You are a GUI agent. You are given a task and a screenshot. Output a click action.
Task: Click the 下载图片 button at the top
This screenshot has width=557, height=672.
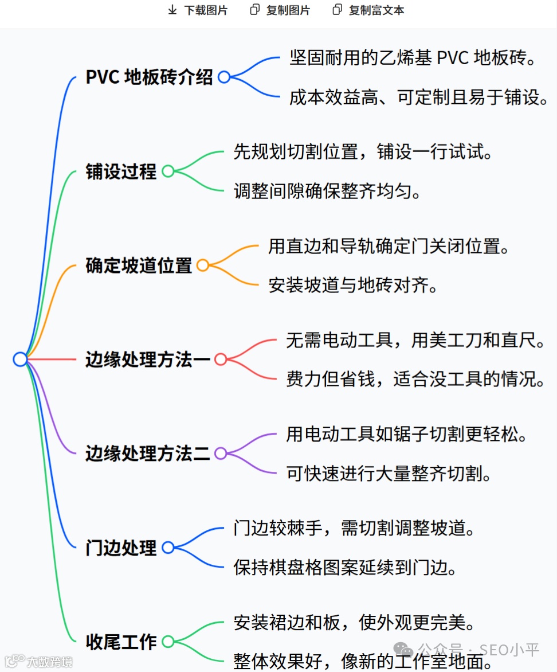pos(197,10)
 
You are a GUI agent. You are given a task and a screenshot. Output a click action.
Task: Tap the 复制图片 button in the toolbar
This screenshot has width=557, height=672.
pos(280,10)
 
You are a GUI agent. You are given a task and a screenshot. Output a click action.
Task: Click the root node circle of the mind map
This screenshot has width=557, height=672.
pos(20,360)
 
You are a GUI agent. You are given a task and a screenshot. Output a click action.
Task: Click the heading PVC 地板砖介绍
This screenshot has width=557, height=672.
pos(149,77)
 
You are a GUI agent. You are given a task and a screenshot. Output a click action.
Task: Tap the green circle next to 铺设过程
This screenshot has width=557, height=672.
pos(168,171)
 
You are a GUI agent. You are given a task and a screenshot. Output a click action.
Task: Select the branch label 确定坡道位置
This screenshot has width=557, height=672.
pos(139,265)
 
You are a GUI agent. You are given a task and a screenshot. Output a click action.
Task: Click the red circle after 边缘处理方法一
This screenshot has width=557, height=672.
pos(221,360)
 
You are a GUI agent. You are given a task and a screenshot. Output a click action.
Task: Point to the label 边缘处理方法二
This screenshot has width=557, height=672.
pos(147,454)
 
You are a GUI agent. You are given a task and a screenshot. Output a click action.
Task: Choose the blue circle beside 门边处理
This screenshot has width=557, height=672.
pos(168,548)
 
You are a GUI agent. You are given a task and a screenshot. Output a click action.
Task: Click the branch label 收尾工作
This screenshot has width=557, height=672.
pos(121,642)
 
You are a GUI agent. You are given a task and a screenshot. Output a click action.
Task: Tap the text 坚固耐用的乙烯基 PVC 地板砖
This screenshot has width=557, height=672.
pos(413,58)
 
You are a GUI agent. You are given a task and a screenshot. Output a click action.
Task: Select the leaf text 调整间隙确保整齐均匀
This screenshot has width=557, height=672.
pos(327,190)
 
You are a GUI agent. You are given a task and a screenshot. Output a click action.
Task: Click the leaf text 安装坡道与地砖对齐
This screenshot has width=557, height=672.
pos(353,284)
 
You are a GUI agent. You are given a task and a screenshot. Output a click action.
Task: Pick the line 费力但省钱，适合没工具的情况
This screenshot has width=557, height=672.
pos(415,378)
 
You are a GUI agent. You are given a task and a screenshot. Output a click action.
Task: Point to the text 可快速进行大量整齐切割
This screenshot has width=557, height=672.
pos(389,473)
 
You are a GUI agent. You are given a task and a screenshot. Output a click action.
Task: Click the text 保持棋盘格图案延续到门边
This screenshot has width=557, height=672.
pos(346,567)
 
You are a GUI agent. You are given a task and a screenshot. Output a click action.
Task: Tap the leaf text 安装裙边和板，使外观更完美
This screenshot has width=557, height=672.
pos(354,622)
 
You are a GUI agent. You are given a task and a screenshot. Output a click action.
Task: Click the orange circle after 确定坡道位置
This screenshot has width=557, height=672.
pos(202,265)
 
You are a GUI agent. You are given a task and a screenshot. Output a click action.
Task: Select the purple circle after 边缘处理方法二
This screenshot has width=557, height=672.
pos(221,454)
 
